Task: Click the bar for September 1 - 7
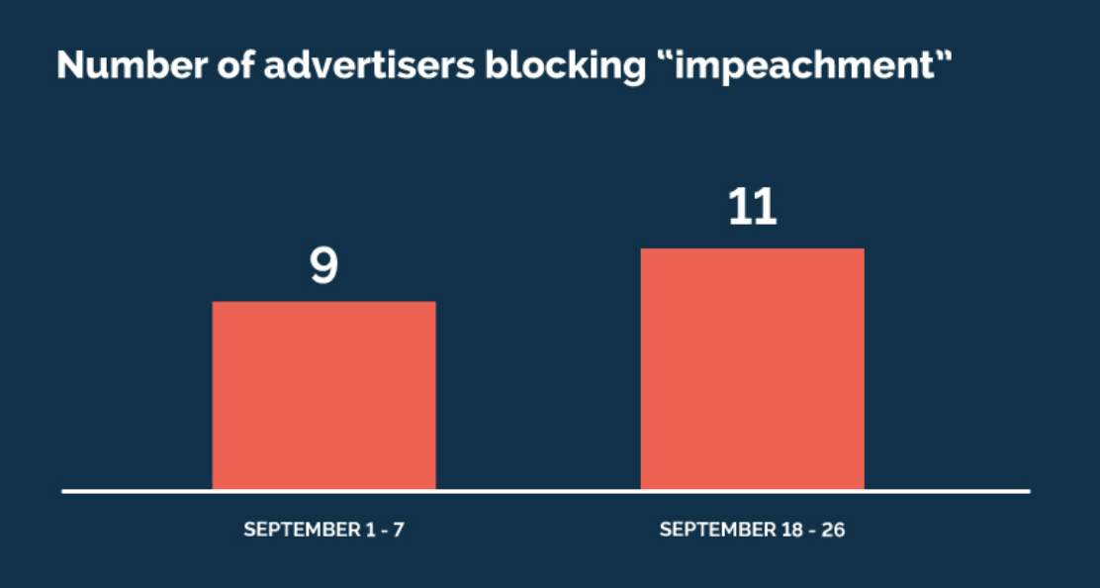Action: pyautogui.click(x=323, y=395)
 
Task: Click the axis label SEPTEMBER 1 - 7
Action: pyautogui.click(x=323, y=530)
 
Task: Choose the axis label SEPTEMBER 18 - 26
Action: pyautogui.click(x=752, y=530)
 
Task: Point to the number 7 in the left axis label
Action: pyautogui.click(x=399, y=530)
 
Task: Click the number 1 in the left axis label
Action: pyautogui.click(x=367, y=530)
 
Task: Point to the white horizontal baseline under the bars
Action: pyautogui.click(x=545, y=491)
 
